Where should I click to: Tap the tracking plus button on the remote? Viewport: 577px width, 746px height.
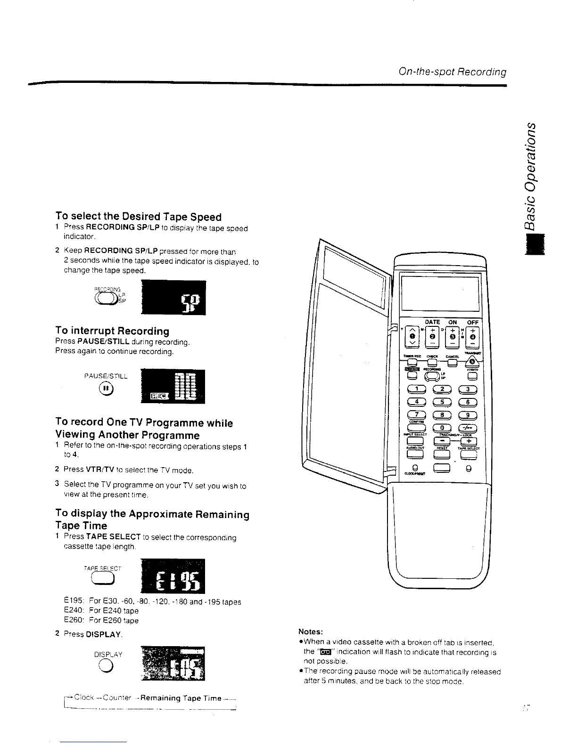[469, 441]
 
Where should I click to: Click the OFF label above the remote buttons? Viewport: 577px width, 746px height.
[472, 322]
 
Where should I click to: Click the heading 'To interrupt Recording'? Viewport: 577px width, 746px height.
[112, 331]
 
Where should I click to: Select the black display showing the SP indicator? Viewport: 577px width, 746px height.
[173, 298]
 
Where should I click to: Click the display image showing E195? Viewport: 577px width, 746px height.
[173, 576]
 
